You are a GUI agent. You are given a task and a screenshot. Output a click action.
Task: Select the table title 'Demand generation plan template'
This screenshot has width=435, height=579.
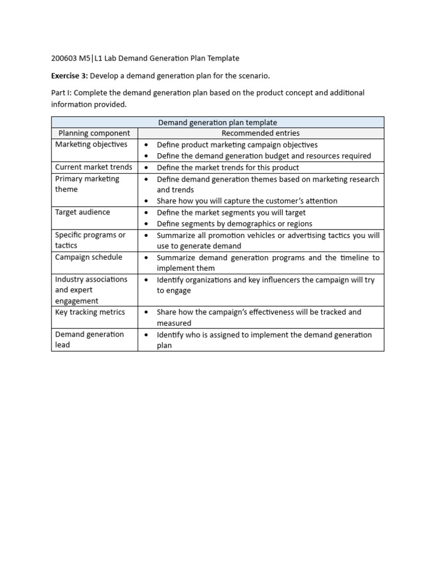[x=217, y=122]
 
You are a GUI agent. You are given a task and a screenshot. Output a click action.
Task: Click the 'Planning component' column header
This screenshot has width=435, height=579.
[x=95, y=133]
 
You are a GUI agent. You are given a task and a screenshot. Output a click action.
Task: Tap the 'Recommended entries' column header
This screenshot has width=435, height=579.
[x=261, y=133]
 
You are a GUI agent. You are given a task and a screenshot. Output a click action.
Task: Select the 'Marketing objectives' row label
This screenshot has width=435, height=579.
[x=91, y=145]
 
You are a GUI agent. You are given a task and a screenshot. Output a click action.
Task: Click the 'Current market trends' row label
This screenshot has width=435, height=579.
[x=93, y=167]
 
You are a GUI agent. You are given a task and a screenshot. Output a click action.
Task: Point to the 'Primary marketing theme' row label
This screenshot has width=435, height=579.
[x=87, y=184]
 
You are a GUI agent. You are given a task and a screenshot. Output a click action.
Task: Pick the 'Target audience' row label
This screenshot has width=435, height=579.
[x=83, y=212]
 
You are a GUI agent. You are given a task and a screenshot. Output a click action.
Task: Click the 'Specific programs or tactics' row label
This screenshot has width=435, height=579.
[x=90, y=240]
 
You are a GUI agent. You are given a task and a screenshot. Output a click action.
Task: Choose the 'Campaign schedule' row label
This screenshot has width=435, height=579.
[x=88, y=257]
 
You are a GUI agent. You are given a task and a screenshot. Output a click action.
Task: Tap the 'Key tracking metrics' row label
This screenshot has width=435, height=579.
[x=90, y=312]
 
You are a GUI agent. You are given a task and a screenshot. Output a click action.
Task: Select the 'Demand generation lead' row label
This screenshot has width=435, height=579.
[x=89, y=339]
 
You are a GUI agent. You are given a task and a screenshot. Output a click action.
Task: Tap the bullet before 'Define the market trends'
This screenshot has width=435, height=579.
[x=146, y=168]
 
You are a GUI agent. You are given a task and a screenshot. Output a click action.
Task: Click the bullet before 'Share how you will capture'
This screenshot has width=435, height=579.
[x=146, y=201]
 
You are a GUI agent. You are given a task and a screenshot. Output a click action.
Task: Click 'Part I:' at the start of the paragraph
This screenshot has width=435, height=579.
[x=63, y=93]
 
